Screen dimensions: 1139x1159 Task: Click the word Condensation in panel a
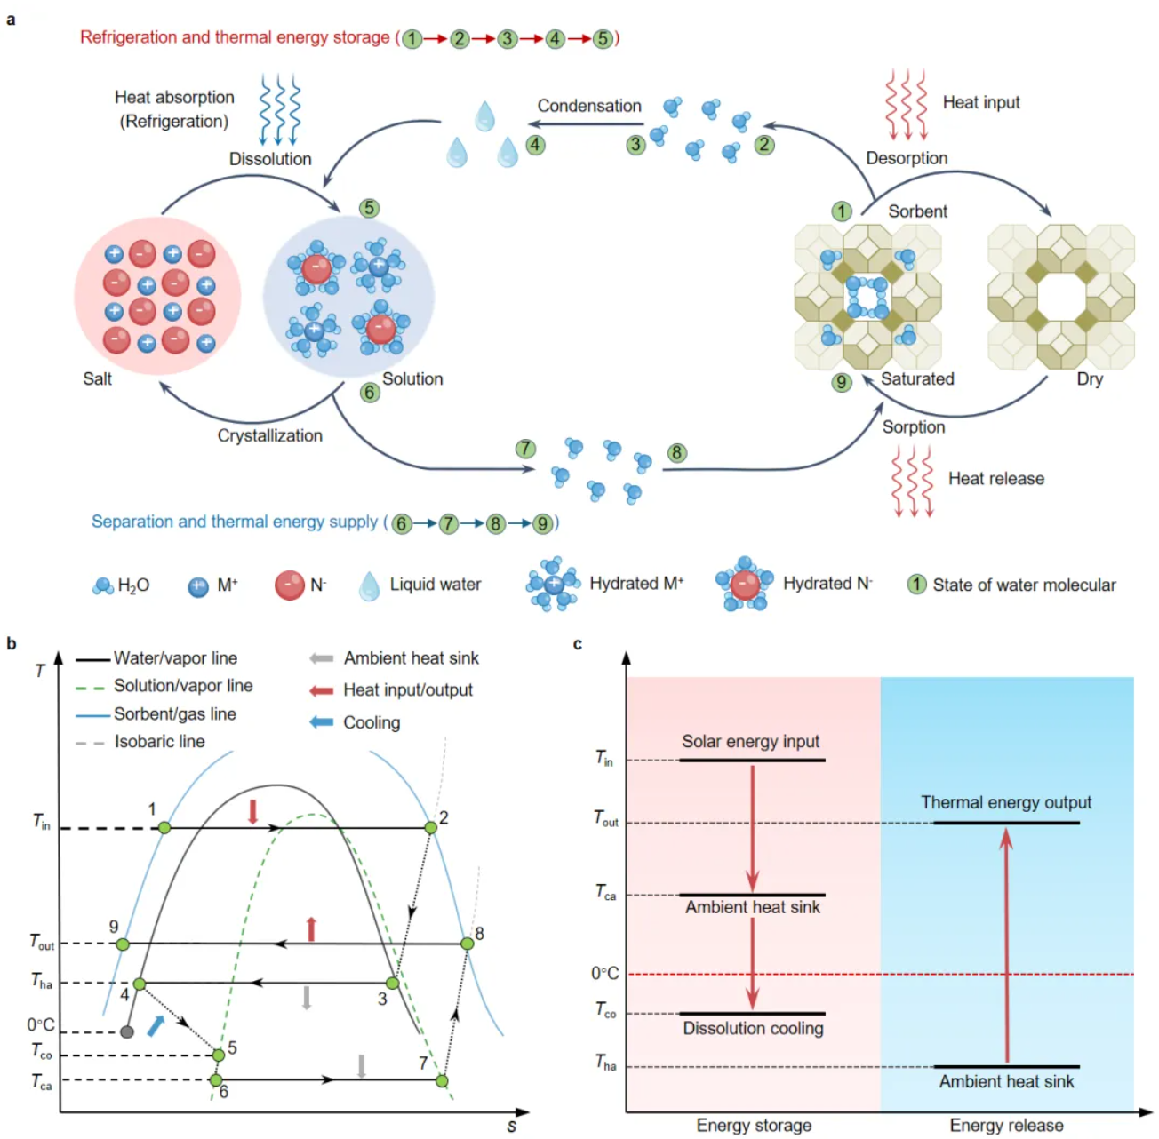pos(589,106)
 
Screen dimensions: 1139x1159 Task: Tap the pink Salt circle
pos(158,296)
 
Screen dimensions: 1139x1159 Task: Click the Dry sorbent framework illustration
pos(1061,297)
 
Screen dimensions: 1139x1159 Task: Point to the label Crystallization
pos(270,435)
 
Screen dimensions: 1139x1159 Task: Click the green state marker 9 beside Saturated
pos(841,383)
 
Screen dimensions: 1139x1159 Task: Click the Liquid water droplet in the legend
pos(369,585)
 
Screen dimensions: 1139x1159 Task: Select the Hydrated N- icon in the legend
pos(744,584)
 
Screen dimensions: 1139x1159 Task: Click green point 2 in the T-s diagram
pos(431,827)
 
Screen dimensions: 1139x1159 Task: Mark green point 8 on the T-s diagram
pos(468,944)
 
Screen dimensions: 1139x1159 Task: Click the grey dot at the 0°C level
pos(127,1031)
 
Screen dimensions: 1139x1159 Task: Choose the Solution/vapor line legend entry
pos(183,686)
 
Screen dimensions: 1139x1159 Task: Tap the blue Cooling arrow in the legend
pos(321,722)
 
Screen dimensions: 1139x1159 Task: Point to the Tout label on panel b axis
pos(42,942)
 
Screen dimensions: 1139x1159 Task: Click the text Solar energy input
pos(750,741)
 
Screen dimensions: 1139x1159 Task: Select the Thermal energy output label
pos(1006,802)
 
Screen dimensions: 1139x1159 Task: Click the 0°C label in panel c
pos(604,974)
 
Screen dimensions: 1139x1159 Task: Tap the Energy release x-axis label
pos(1006,1126)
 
